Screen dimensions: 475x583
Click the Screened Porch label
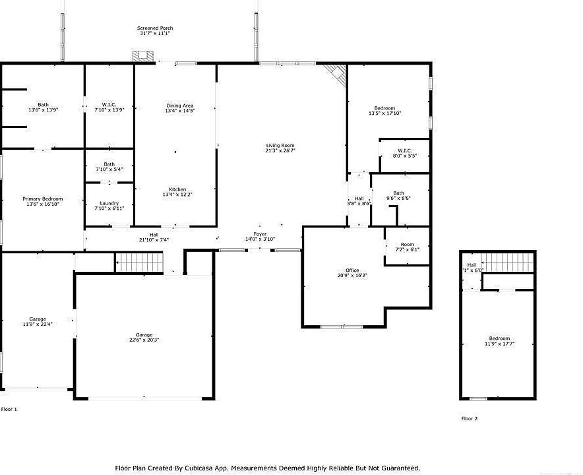pos(155,28)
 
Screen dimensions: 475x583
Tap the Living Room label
pos(280,145)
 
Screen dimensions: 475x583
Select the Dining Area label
pos(179,106)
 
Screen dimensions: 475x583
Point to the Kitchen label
pos(177,189)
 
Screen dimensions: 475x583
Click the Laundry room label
pos(109,203)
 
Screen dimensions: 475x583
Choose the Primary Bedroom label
pos(43,199)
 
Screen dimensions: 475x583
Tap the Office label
pos(352,270)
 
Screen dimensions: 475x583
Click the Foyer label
pos(260,234)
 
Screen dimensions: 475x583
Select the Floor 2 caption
pos(469,418)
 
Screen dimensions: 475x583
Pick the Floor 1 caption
pos(9,409)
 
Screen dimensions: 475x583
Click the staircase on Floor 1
pos(140,263)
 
